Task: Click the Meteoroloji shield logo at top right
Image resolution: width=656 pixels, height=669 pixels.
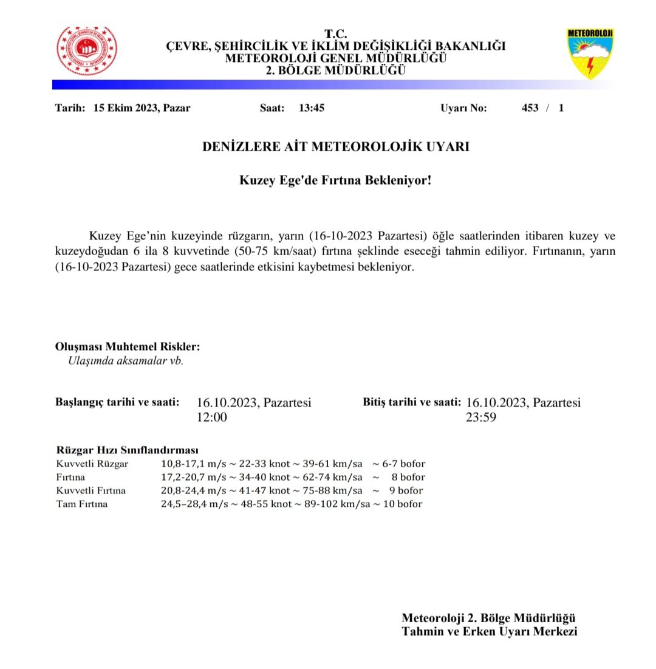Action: (590, 53)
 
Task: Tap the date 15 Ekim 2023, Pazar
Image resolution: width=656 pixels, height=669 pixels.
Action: (142, 108)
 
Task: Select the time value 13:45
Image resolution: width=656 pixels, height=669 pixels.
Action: (311, 108)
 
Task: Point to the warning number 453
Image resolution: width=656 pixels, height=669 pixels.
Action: (530, 108)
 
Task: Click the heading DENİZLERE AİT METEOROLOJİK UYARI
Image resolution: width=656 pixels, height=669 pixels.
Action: (335, 147)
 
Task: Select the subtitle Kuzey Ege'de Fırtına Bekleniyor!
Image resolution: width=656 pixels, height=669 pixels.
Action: (335, 180)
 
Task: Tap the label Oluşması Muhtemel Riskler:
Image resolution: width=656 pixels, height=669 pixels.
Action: (127, 347)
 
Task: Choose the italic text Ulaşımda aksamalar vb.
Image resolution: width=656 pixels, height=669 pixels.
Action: (126, 360)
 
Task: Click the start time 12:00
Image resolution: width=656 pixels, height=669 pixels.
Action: (211, 417)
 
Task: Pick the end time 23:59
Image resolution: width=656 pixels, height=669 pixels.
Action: (481, 417)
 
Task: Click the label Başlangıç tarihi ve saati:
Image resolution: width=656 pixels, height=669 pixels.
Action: (117, 402)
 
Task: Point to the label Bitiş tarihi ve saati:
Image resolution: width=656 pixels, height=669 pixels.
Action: (411, 402)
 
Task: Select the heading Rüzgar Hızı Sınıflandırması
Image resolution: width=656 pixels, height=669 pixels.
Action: (127, 450)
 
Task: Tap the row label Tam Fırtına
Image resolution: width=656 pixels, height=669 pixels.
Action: (81, 504)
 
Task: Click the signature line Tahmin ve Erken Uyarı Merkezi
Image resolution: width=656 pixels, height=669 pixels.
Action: (489, 632)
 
